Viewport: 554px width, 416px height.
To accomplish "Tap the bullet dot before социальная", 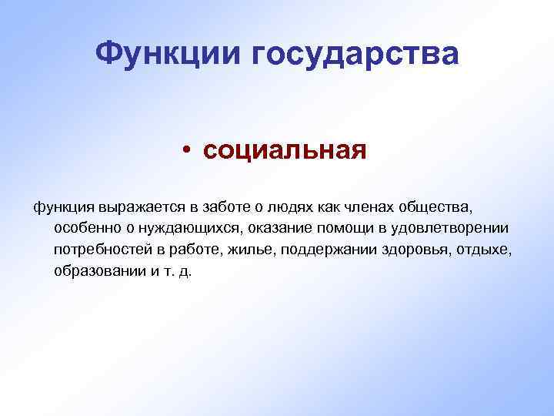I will pos(187,149).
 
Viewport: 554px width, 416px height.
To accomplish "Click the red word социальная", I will pos(285,149).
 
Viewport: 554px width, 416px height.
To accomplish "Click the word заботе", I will pos(225,206).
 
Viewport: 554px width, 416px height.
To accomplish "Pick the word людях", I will pos(288,206).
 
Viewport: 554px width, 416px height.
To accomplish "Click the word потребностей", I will pos(99,250).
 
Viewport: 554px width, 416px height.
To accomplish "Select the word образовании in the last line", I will pos(94,273).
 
